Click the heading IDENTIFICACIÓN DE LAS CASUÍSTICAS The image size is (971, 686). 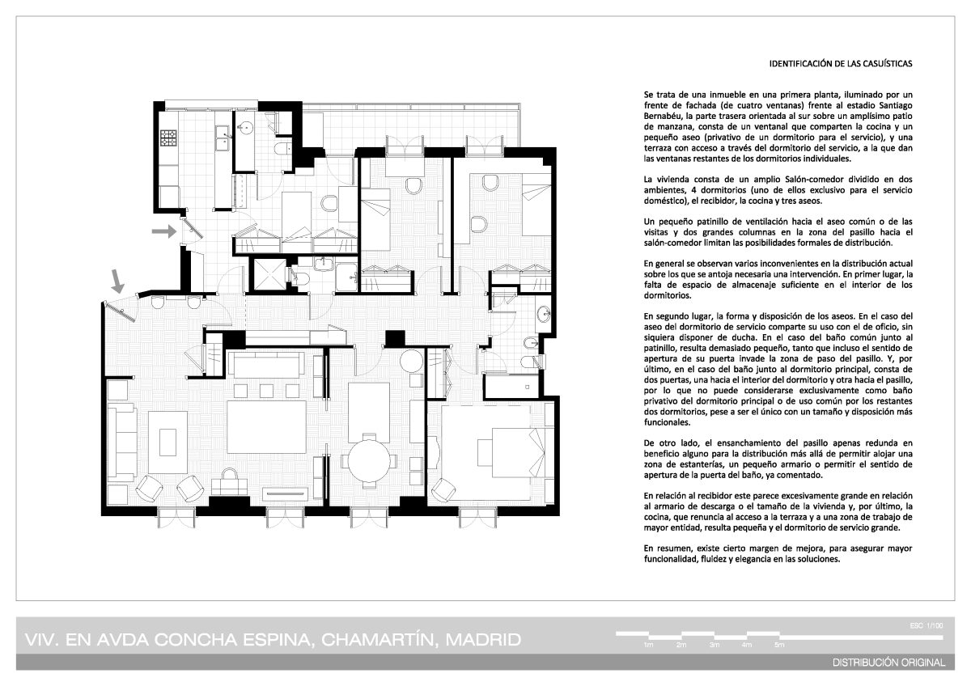point(841,64)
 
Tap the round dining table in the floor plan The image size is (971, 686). point(369,462)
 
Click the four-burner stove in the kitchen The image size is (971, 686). point(168,138)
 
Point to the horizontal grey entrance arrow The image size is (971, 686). point(164,231)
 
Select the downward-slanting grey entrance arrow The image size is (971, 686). point(117,282)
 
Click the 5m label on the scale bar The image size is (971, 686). point(779,645)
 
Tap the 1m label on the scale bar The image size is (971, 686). point(648,645)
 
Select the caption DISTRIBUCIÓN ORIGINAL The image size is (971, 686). point(888,663)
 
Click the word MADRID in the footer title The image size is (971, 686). point(483,640)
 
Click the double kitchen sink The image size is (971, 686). point(223,138)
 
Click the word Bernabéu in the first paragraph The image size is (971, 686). point(662,116)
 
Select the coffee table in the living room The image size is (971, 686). point(167,442)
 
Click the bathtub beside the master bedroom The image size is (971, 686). point(511,387)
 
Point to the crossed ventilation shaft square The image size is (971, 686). point(269,274)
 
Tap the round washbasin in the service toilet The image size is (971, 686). point(246,127)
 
